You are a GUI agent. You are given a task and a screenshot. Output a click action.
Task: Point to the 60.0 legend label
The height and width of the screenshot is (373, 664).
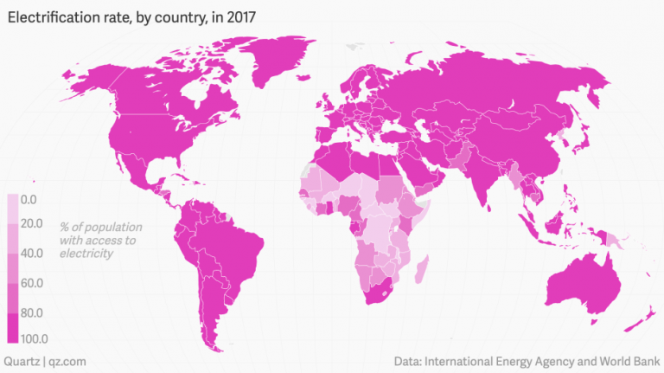pos(31,283)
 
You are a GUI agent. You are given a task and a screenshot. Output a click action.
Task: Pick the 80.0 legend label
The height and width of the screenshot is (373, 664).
pos(31,312)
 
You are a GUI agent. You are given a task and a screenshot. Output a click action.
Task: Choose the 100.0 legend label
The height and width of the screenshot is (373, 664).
pos(33,338)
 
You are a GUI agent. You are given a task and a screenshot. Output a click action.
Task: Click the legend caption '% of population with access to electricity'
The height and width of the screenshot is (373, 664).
pos(86,240)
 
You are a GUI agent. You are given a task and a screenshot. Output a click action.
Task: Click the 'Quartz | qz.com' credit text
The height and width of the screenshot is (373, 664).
pos(45,360)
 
